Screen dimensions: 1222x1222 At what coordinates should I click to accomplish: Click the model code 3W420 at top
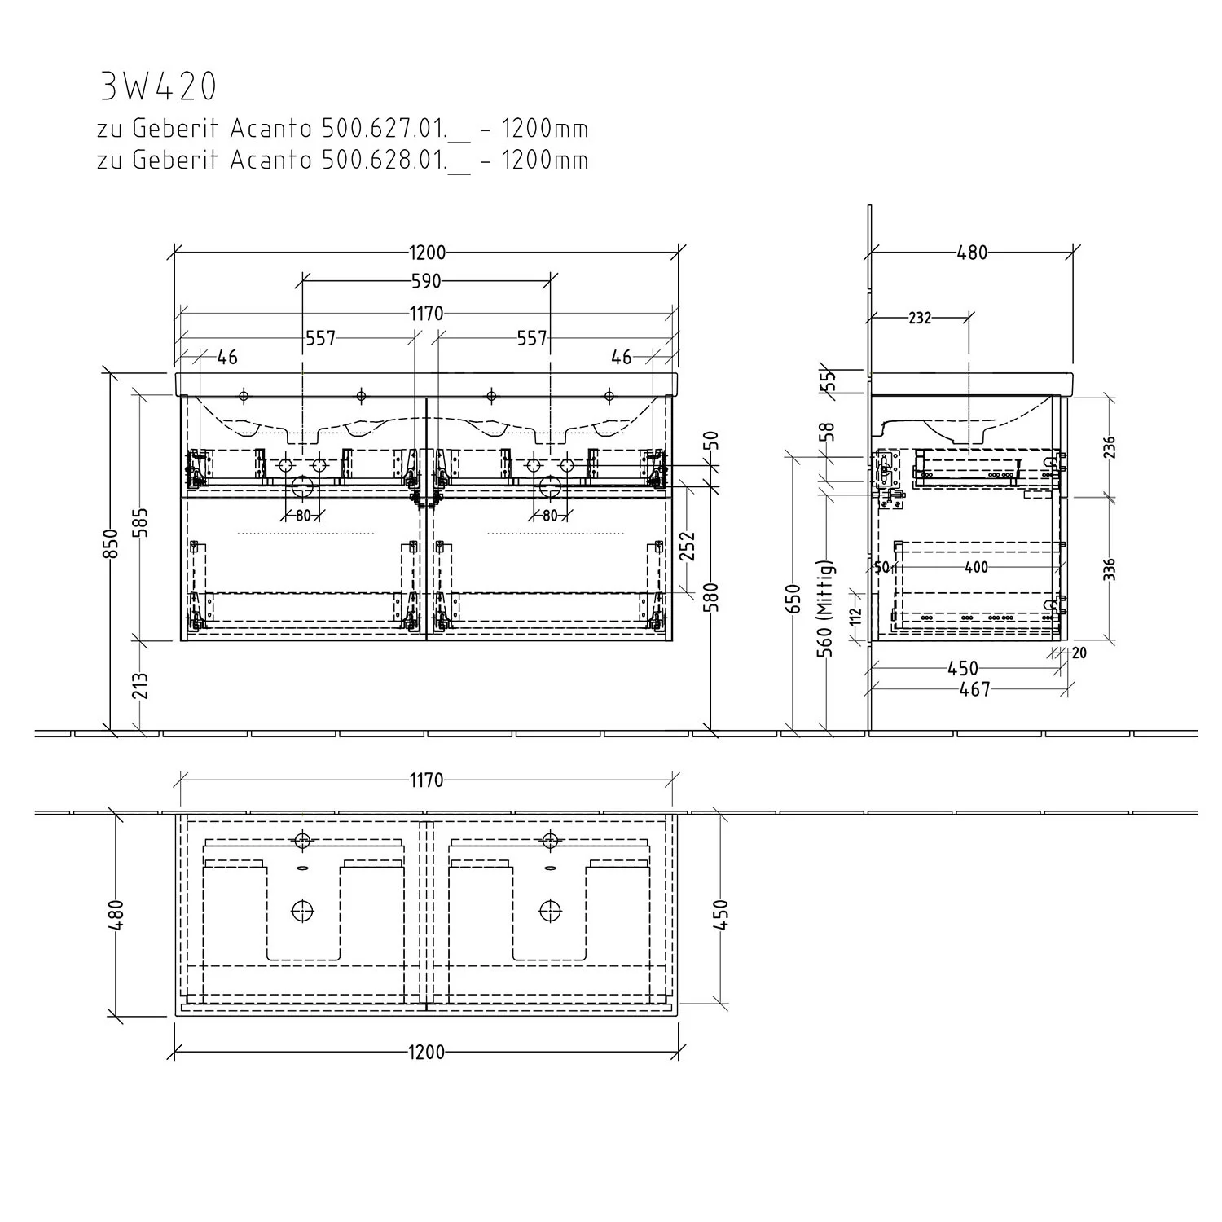coord(158,86)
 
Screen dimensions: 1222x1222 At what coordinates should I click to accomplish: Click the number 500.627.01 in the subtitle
coord(383,130)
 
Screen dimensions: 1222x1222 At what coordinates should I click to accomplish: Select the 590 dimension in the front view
coord(426,281)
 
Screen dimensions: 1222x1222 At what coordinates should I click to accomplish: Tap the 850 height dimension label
coord(112,543)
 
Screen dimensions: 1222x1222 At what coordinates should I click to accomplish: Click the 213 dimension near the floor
coord(141,686)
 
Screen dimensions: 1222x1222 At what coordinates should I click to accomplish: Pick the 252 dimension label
coord(689,546)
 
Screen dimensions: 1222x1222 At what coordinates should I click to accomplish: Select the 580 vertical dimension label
coord(714,597)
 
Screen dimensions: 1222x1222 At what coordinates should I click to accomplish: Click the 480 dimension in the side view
coord(972,253)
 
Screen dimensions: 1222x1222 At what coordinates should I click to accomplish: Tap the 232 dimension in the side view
coord(920,319)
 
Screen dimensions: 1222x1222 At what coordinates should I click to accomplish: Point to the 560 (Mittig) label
coord(825,609)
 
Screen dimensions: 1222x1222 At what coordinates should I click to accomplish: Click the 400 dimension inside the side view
coord(975,568)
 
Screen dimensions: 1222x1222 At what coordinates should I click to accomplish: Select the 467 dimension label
coord(974,690)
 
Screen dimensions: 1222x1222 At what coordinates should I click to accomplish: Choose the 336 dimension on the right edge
coord(1110,569)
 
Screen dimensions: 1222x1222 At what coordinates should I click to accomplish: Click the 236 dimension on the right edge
coord(1110,446)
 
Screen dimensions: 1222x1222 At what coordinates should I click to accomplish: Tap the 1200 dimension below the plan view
coord(426,1053)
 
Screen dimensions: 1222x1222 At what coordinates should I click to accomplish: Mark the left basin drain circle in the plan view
coord(303,910)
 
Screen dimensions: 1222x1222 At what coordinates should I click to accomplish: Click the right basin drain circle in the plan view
coord(550,910)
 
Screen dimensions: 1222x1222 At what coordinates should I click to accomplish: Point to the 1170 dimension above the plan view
coord(426,780)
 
